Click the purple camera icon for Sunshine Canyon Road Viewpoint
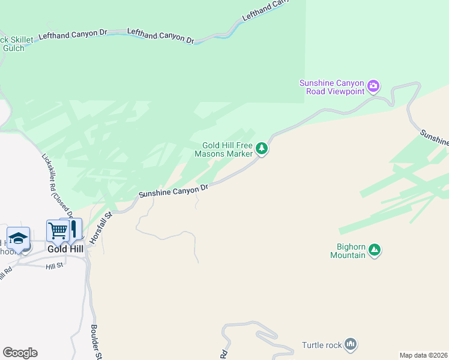point(373,86)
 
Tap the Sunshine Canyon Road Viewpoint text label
point(333,86)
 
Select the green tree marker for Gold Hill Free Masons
point(261,148)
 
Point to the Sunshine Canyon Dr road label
point(173,191)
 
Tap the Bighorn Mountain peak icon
point(374,249)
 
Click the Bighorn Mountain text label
point(348,251)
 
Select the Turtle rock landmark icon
point(351,344)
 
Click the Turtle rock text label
point(322,345)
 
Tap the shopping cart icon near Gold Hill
point(58,230)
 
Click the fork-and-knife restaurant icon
point(73,229)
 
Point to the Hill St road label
point(54,265)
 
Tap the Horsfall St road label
point(101,227)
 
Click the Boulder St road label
point(95,343)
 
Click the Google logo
point(20,353)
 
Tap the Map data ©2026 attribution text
point(424,355)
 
